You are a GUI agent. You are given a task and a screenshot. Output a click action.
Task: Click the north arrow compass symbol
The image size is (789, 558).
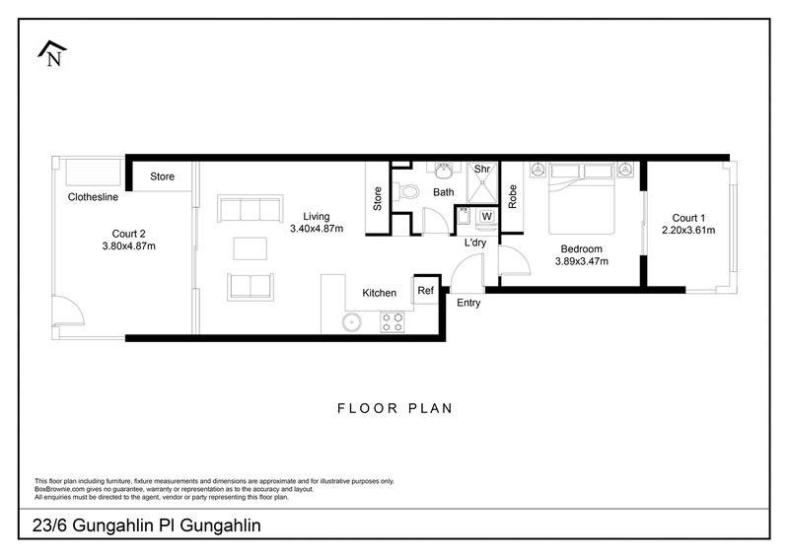[x=51, y=54]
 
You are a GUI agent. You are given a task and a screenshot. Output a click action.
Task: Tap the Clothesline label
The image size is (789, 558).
[x=95, y=197]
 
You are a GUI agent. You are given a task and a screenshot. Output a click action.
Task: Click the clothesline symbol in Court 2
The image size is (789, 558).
[x=91, y=172]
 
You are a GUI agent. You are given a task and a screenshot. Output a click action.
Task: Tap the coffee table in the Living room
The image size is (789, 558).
[x=250, y=246]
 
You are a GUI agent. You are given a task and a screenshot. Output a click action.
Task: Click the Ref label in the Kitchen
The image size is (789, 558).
[x=426, y=292]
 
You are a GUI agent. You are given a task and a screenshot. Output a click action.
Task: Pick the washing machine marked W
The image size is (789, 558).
[x=486, y=216]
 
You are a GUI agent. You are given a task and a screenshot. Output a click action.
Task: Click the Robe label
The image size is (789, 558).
[x=513, y=196]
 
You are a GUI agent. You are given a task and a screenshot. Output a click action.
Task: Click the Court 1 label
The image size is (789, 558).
[x=688, y=218]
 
